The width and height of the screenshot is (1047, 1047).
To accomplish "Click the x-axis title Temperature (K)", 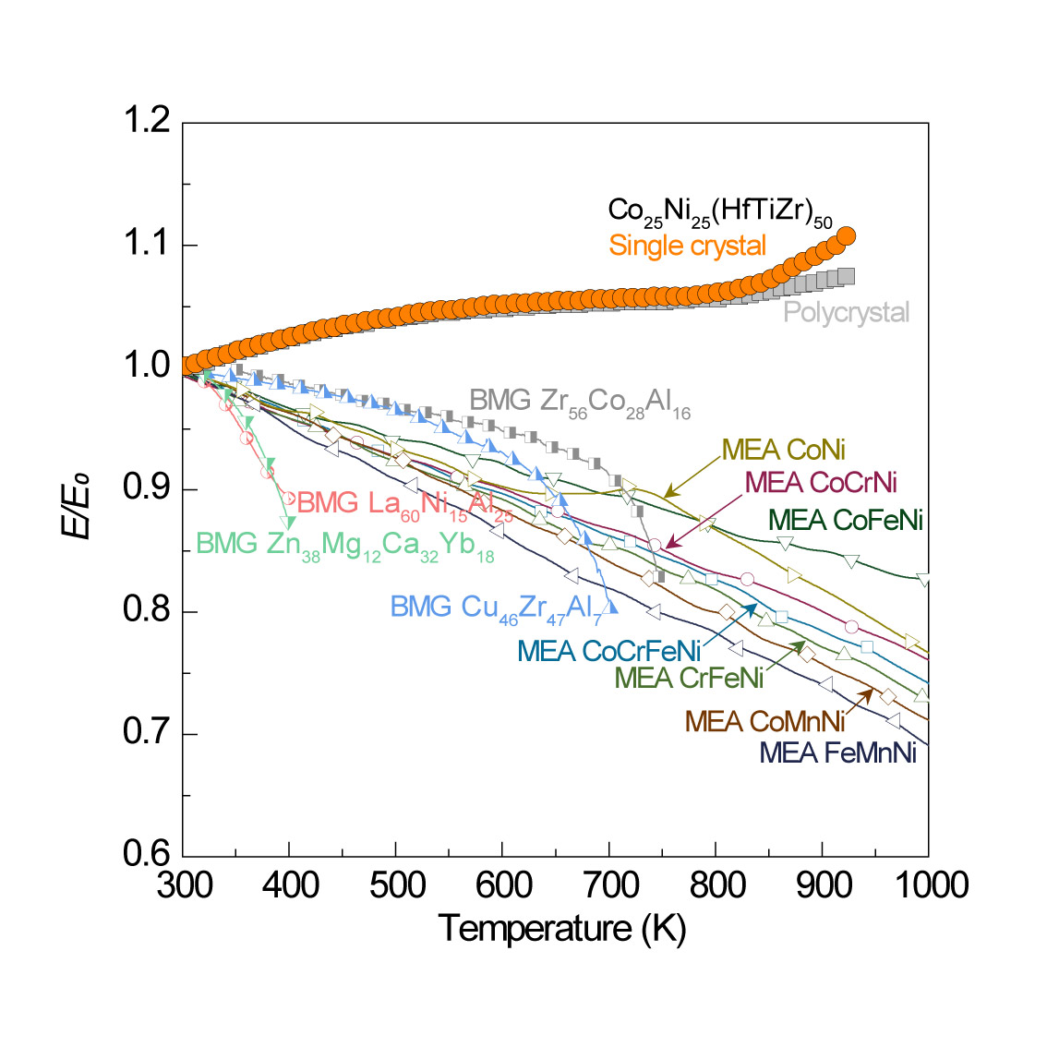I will (x=561, y=927).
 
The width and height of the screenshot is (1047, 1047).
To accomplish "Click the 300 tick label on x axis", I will (x=184, y=885).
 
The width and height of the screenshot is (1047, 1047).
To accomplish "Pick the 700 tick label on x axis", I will (x=608, y=885).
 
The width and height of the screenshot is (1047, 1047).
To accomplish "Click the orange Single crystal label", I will (x=687, y=246).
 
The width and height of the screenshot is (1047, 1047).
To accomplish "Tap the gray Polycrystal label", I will (x=846, y=312).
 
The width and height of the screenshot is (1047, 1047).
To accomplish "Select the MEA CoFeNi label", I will (x=846, y=520).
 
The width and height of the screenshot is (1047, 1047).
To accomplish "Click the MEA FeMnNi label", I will (x=837, y=752).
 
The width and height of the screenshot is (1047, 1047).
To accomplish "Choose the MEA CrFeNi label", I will (x=689, y=678).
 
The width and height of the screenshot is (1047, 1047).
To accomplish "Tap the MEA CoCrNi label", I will (x=821, y=481).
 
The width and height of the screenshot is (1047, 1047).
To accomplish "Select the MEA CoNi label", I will (x=784, y=450).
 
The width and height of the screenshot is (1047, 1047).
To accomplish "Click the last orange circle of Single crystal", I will (x=845, y=236).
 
